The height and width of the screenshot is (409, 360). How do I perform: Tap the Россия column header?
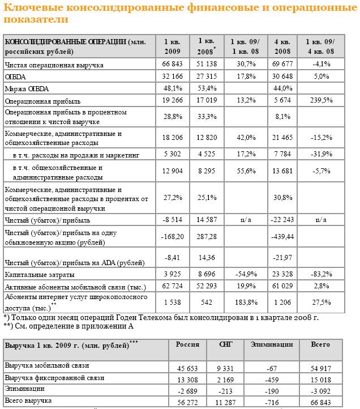(x=187, y=344)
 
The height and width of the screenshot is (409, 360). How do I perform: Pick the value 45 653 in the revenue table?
(x=188, y=368)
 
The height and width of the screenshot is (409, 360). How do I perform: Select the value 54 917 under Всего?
(x=321, y=368)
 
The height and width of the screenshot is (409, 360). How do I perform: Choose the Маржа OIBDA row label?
(x=26, y=88)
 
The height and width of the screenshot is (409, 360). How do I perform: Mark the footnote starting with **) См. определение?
(x=68, y=326)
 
